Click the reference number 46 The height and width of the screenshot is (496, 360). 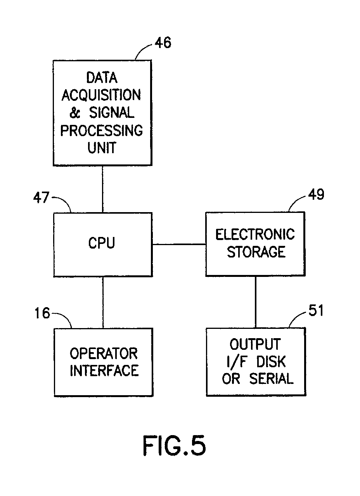(x=163, y=43)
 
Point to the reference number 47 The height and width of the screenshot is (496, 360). (x=41, y=198)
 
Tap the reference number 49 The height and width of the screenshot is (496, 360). (x=316, y=195)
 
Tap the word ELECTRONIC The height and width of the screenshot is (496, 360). (x=255, y=235)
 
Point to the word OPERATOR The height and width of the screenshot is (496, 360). (x=104, y=354)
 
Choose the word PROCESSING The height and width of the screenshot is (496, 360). (x=101, y=131)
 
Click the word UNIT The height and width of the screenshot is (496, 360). (x=102, y=148)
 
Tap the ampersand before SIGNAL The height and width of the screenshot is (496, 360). (x=74, y=113)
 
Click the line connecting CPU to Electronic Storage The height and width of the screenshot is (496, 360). (x=179, y=244)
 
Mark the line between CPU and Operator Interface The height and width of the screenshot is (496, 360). (x=103, y=302)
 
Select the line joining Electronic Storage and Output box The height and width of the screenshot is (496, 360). (x=255, y=302)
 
